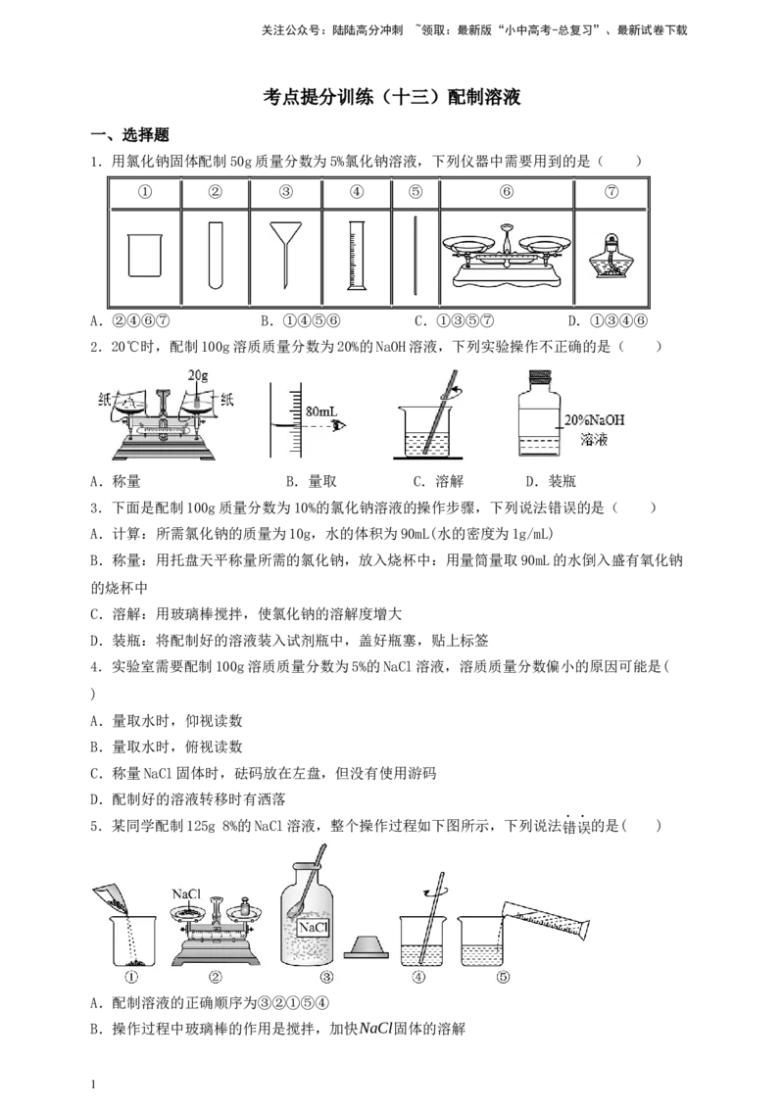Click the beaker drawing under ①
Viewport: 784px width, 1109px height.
145,255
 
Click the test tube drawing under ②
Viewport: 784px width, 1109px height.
216,255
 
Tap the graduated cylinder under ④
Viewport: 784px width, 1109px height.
357,255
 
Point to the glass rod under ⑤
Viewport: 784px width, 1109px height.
416,256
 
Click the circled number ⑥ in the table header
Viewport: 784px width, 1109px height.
506,192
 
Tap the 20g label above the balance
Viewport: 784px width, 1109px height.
198,375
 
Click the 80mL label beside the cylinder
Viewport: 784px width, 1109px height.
321,410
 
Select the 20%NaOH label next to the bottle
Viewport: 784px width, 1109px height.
594,419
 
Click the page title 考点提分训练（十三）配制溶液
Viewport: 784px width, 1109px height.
392,97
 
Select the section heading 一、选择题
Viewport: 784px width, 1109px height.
130,135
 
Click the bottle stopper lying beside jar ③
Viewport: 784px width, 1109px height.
367,945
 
